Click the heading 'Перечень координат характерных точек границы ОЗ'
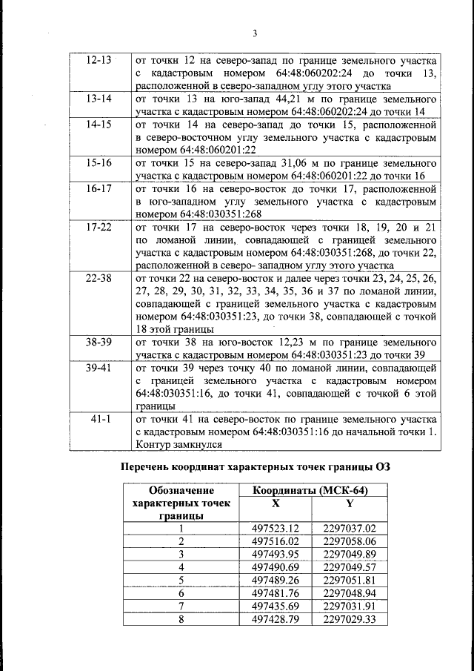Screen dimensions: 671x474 255,466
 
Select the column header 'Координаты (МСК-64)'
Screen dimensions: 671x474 310,490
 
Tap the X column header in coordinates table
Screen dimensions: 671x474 276,503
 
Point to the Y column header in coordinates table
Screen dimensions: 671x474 349,503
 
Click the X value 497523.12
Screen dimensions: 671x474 275,529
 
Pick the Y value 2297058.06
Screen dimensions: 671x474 350,541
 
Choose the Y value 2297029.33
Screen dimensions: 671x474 350,618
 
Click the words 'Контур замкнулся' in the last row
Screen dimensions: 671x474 178,444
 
